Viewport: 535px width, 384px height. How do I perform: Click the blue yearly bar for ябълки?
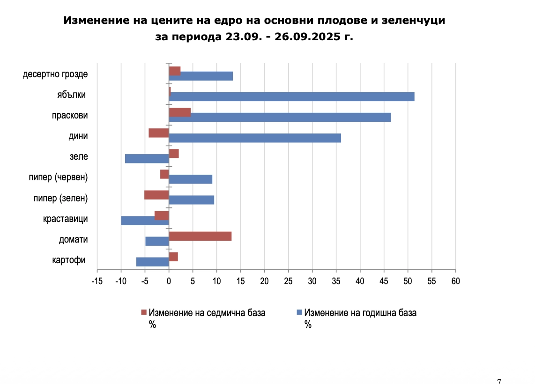coord(291,96)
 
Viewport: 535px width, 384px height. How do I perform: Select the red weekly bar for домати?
coord(200,236)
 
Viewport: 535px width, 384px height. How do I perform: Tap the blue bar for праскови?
coord(280,117)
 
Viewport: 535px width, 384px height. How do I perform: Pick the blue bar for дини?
coord(255,138)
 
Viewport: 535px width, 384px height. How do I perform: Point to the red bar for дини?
coord(159,133)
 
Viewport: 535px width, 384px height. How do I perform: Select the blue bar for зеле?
coord(147,158)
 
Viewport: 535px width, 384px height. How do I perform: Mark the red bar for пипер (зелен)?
coord(156,195)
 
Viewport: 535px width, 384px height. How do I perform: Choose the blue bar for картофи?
coord(153,262)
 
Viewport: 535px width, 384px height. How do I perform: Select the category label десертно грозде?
coord(55,74)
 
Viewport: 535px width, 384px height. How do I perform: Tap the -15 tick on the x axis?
coord(97,281)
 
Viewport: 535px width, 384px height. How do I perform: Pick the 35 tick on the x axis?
coord(336,281)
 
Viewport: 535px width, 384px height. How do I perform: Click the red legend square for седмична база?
coord(144,312)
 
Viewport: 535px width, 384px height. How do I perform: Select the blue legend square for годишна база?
coord(299,312)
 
